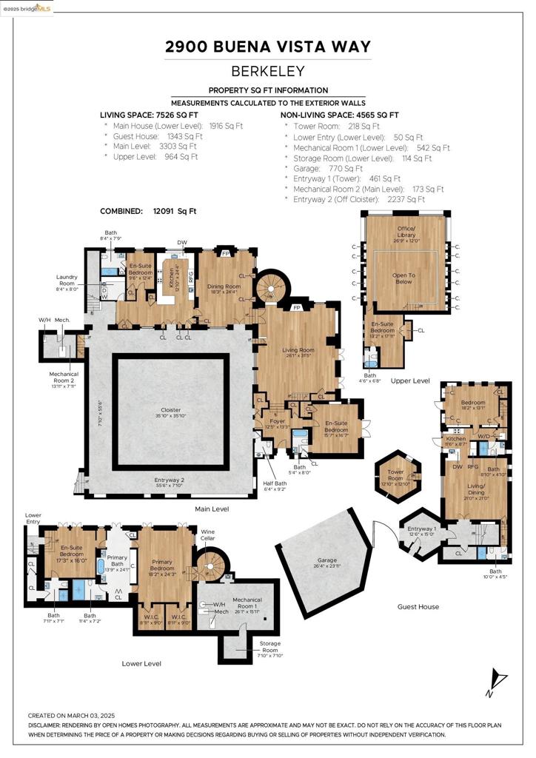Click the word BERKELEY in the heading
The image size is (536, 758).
[x=267, y=72]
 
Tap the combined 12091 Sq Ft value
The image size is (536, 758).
[x=172, y=211]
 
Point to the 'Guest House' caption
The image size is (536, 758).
[x=418, y=606]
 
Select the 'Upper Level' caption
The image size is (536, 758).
[x=411, y=380]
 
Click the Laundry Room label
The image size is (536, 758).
[x=67, y=281]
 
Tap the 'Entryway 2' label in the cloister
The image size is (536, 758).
[x=170, y=482]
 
